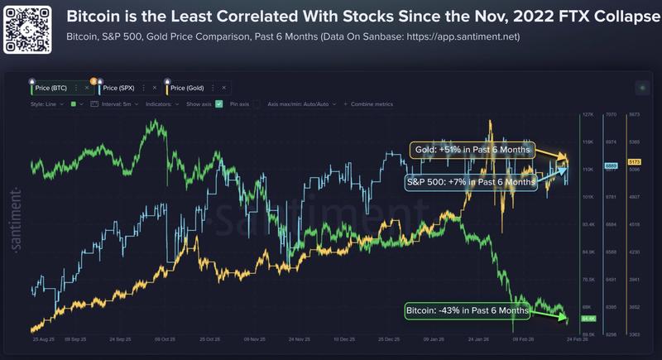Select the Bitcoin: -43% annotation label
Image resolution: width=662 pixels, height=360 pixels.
pyautogui.click(x=467, y=311)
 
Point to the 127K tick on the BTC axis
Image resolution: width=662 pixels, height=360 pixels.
pyautogui.click(x=589, y=115)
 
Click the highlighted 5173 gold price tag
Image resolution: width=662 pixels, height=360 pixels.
pyautogui.click(x=635, y=161)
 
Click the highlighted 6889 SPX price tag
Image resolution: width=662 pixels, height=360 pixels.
pyautogui.click(x=612, y=166)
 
